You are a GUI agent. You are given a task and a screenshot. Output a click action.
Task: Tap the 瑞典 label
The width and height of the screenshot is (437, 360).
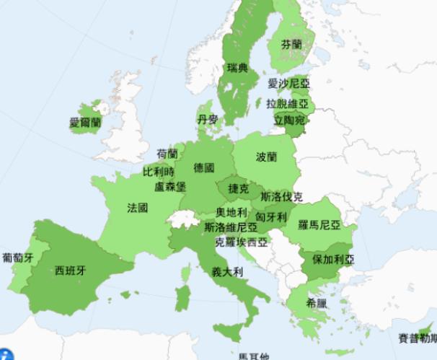(237, 69)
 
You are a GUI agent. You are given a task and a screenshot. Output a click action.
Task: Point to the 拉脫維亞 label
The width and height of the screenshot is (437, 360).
(287, 103)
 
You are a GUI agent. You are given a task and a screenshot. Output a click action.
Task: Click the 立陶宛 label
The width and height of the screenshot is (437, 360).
(289, 120)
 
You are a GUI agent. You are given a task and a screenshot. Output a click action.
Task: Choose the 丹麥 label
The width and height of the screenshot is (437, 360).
(208, 119)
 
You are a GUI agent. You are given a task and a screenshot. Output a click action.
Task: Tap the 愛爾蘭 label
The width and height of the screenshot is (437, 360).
(85, 122)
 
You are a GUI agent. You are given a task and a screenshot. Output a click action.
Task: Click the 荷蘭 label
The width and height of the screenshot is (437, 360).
(167, 154)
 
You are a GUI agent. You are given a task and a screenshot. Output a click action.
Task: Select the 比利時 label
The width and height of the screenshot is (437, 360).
(159, 172)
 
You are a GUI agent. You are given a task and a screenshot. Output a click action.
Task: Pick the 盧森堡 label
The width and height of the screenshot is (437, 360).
(171, 187)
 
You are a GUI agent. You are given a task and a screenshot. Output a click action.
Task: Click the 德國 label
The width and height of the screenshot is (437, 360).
(204, 168)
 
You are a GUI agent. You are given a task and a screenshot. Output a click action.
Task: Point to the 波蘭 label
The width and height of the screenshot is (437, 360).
(266, 157)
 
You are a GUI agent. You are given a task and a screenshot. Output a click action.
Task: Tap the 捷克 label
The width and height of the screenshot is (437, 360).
(239, 189)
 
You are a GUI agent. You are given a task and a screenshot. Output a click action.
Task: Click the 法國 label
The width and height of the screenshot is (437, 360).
(138, 208)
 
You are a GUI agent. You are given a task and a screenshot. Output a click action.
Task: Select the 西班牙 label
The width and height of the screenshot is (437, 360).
(70, 271)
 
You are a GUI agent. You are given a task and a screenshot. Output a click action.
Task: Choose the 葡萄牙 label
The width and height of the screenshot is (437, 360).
(17, 257)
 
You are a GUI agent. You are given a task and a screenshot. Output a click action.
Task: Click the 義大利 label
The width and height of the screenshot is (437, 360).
(226, 273)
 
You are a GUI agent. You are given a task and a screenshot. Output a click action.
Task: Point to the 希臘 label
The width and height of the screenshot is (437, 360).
(317, 302)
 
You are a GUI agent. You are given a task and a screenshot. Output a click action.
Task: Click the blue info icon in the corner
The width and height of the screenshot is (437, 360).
(6, 354)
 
